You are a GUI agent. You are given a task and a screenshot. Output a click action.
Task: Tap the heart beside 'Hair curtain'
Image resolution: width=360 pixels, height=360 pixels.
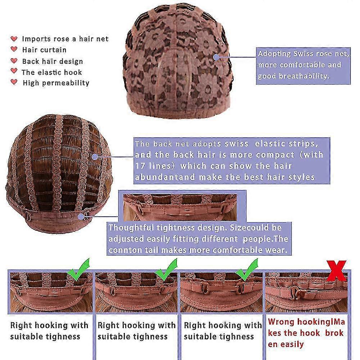14,49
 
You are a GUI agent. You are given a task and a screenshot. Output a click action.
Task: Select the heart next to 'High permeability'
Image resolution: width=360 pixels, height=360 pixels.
14,82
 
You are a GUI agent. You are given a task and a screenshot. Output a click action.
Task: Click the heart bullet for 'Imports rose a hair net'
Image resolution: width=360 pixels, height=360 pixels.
14,39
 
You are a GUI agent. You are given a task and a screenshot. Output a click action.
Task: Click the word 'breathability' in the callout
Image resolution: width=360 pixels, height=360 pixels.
304,76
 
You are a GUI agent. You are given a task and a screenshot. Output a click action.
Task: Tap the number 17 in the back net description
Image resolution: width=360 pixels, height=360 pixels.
140,166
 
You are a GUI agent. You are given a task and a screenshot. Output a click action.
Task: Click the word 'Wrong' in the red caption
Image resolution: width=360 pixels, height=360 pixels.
281,321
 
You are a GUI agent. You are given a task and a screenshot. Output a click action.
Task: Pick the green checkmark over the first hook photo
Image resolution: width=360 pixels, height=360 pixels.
79,270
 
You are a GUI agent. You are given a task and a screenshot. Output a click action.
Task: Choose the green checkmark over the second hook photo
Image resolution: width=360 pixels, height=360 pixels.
166,270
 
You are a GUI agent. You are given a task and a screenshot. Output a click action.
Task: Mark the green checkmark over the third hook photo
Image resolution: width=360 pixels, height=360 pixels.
247,270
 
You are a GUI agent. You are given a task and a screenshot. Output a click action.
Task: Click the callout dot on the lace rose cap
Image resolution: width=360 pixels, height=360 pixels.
216,57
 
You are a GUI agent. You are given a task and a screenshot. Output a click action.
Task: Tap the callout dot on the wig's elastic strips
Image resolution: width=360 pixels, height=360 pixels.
95,157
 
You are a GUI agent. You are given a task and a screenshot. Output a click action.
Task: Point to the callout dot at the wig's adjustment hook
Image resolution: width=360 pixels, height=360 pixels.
81,216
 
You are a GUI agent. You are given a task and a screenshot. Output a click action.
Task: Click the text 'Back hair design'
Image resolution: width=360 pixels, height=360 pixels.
53,62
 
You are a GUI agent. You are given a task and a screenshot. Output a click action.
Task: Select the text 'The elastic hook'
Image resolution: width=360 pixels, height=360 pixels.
51,72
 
